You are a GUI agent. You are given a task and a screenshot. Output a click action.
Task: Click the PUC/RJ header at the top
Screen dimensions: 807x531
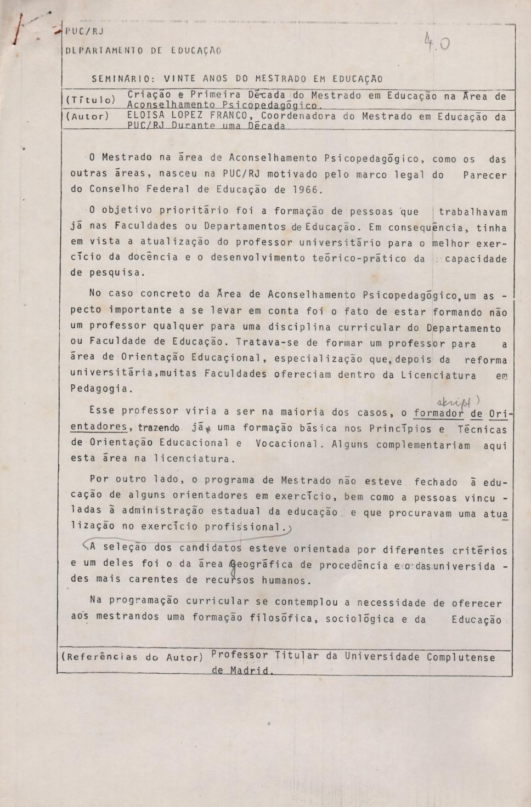[84, 32]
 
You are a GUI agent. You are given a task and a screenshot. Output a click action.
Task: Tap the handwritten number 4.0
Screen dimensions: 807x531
[437, 43]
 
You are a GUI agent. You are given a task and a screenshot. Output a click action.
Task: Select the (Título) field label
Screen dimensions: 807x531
[91, 99]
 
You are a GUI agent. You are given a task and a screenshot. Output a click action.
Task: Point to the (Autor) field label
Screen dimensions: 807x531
[88, 116]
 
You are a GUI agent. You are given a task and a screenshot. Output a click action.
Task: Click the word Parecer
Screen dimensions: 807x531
[484, 175]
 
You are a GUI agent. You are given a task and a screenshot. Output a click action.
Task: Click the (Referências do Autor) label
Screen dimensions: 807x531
[132, 656]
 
